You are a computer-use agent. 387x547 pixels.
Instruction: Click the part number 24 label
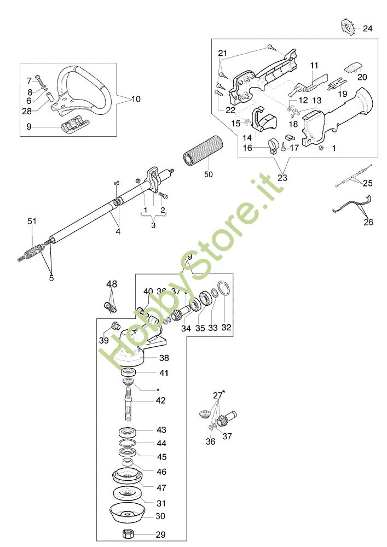pyautogui.click(x=367, y=28)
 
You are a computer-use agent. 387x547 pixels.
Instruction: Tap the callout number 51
pyautogui.click(x=32, y=221)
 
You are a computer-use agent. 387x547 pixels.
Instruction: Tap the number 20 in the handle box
pyautogui.click(x=362, y=77)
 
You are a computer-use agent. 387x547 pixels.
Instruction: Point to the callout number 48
pyautogui.click(x=112, y=284)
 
